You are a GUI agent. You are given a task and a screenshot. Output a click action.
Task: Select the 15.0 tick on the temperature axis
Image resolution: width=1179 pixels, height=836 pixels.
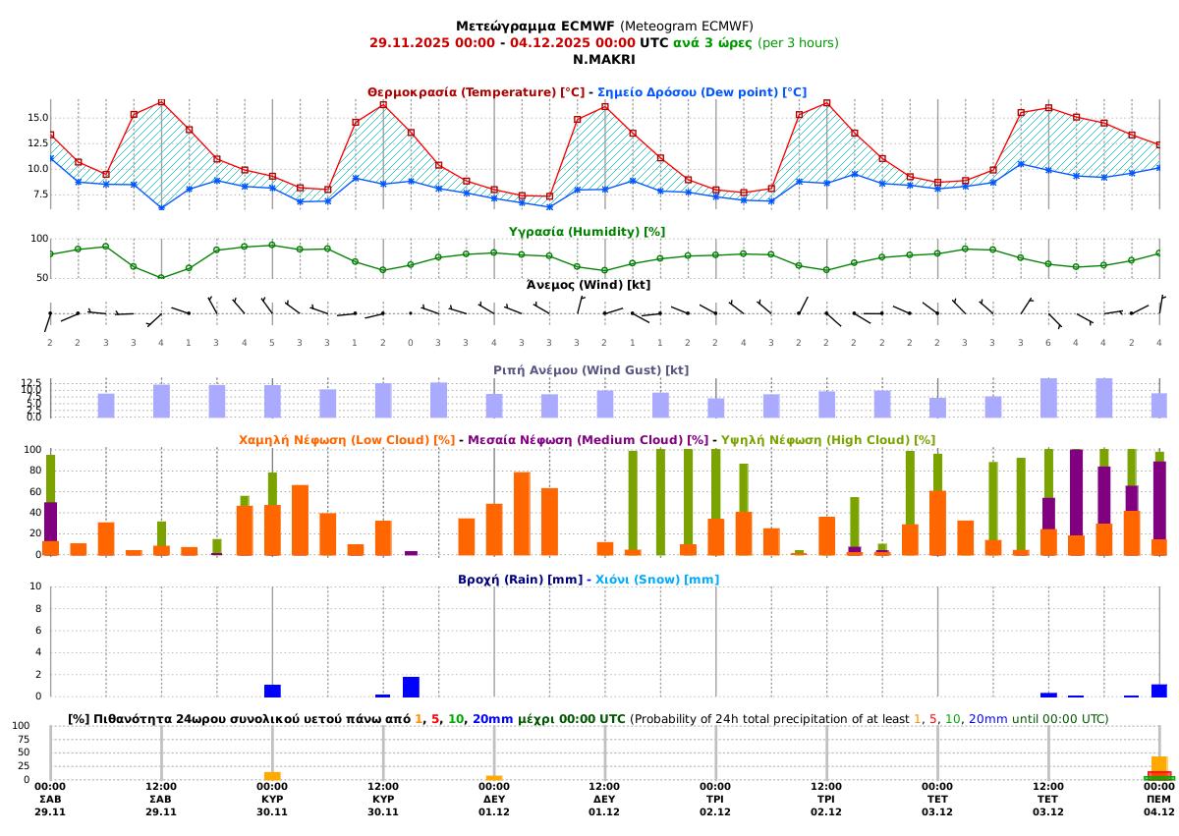pos(36,118)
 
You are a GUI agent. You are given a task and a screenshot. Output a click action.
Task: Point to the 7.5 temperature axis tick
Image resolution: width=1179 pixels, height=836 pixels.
pos(39,194)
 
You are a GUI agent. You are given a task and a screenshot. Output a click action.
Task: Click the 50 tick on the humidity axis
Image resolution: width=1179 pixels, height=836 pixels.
pos(40,278)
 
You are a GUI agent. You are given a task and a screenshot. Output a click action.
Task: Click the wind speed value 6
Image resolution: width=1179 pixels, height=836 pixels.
pos(1048,342)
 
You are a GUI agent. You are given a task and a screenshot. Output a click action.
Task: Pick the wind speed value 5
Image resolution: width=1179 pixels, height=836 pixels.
pos(272,342)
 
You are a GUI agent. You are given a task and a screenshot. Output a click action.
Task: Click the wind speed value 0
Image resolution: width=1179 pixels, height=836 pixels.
pos(411,342)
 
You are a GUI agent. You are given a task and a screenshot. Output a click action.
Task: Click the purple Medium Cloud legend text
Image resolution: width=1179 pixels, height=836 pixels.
pos(588,440)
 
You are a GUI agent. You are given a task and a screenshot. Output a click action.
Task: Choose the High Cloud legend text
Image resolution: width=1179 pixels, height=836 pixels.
pos(827,440)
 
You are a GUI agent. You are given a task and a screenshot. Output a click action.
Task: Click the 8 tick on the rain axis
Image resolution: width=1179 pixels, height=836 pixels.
pos(37,608)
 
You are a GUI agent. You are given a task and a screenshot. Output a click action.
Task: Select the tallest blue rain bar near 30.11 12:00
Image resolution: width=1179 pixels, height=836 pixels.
pos(411,687)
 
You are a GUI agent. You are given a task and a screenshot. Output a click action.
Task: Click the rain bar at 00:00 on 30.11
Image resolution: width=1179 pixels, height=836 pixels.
pos(272,691)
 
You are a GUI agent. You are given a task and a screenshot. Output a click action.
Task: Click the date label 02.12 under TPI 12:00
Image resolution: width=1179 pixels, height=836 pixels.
pos(826,812)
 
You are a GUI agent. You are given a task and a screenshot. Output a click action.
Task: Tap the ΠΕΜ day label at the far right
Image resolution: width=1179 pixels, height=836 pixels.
pos(1159,800)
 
